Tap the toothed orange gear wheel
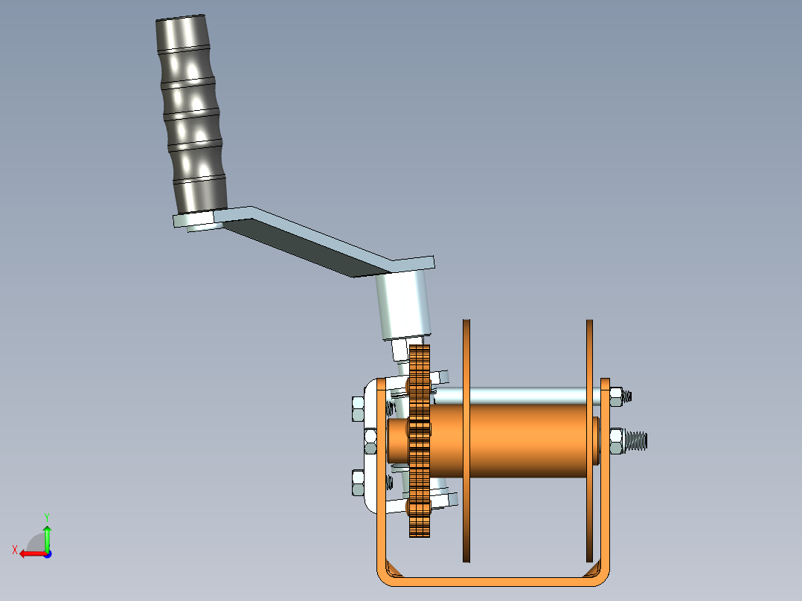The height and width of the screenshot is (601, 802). pyautogui.click(x=420, y=446)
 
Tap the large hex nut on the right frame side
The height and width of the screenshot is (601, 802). pyautogui.click(x=617, y=440)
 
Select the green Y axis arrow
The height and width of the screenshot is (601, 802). pyautogui.click(x=47, y=538)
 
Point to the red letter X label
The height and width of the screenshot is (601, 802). pyautogui.click(x=14, y=550)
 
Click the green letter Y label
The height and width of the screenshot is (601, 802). pyautogui.click(x=46, y=515)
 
